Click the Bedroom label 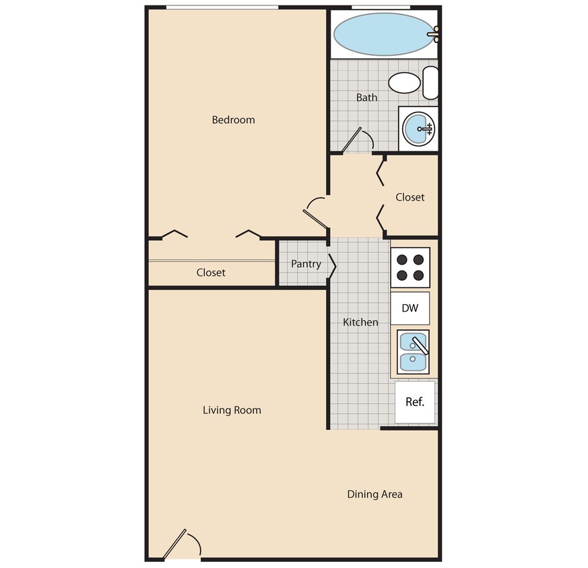coord(233,120)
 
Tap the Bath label coord(366,98)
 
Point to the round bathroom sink coord(418,128)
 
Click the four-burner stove coord(410,267)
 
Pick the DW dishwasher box coord(410,308)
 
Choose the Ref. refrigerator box coord(415,402)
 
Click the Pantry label coord(306,264)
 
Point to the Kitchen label coord(360,322)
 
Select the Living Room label coord(232,410)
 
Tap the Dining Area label coord(374,494)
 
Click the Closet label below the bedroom coord(211,273)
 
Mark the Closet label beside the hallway coord(410,197)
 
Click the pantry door coord(331,264)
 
